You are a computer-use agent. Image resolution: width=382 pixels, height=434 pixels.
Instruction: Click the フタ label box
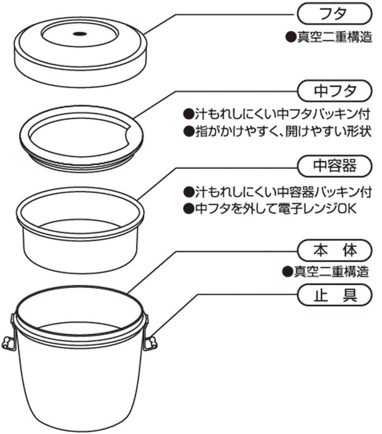coord(335,12)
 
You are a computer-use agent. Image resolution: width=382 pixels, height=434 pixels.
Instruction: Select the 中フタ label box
coord(335,91)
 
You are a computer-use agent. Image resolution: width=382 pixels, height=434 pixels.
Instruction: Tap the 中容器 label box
coord(335,166)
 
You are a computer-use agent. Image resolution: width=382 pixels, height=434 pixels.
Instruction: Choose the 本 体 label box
coord(335,250)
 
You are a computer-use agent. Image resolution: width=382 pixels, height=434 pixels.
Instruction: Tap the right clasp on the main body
coord(149,340)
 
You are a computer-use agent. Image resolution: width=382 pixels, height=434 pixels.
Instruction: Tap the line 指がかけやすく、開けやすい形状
coord(282,132)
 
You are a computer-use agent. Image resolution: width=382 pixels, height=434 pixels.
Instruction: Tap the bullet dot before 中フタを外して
coord(187,208)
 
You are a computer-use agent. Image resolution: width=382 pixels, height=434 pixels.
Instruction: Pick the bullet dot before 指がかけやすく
coord(187,132)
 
